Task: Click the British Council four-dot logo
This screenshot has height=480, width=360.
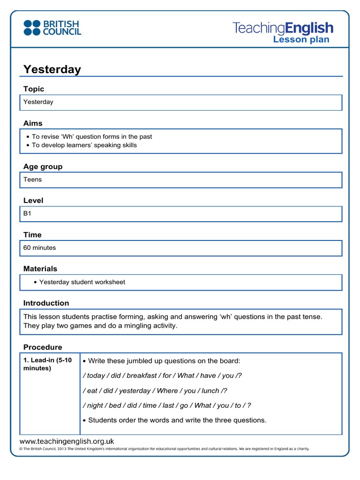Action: tap(32, 28)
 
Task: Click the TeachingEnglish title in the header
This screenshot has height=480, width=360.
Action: tap(283, 28)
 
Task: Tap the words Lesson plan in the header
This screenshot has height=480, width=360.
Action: tap(301, 39)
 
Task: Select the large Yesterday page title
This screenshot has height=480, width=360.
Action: tap(52, 69)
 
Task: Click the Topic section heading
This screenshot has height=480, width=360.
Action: tap(34, 89)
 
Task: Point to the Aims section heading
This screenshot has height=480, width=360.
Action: tap(33, 123)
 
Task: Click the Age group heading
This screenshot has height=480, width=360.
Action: tap(43, 166)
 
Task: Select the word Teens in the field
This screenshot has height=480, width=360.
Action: tap(32, 180)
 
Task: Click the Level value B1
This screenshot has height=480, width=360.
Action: tap(28, 214)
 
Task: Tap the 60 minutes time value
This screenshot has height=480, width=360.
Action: tap(39, 247)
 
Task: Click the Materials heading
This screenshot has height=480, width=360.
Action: tap(40, 269)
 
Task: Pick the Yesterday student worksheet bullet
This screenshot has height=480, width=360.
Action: tap(82, 282)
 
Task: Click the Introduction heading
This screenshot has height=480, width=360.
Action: tap(46, 303)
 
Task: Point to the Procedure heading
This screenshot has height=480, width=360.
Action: tap(43, 347)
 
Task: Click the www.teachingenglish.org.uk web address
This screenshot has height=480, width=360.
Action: tap(67, 441)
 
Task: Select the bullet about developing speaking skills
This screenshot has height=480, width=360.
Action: tap(84, 145)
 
